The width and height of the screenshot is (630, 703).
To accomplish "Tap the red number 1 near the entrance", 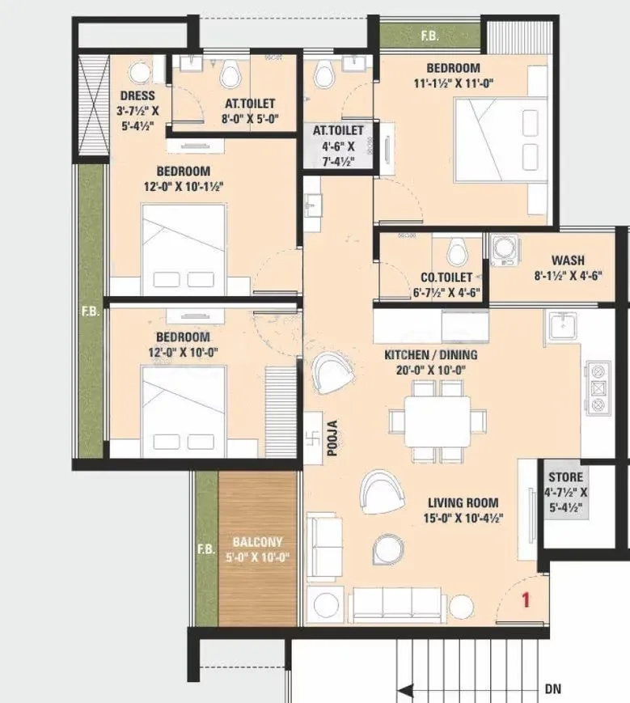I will pos(525,600).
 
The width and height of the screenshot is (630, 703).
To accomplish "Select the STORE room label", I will pos(565,477).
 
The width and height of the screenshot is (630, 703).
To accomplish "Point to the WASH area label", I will pos(569,260).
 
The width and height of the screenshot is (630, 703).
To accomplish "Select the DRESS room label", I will pos(131,95).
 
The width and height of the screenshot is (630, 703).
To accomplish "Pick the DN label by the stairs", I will pos(553,689).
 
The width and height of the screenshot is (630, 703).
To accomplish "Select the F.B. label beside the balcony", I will pos(205,549).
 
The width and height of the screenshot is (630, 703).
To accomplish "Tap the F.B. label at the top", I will pos(430,36).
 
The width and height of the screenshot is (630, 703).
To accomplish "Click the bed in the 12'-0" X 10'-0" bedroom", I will pos(186,407).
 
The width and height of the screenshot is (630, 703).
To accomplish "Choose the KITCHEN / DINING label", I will pos(431,354).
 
